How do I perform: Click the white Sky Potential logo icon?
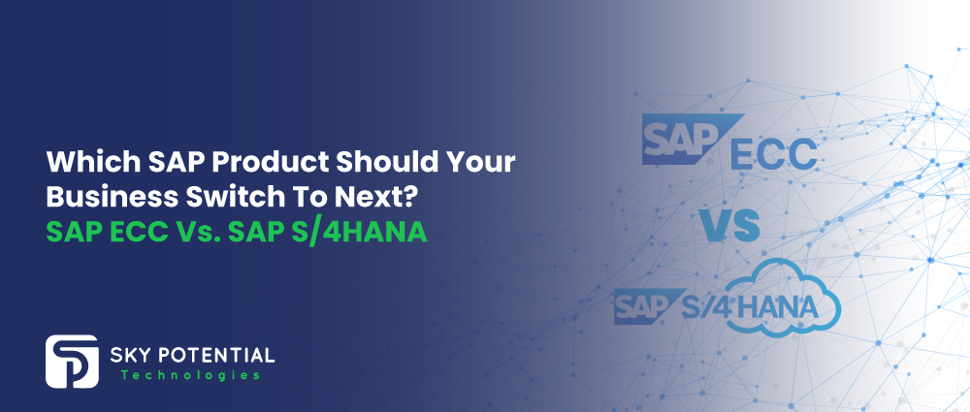click(x=71, y=362)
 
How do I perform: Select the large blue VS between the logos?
click(x=728, y=224)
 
